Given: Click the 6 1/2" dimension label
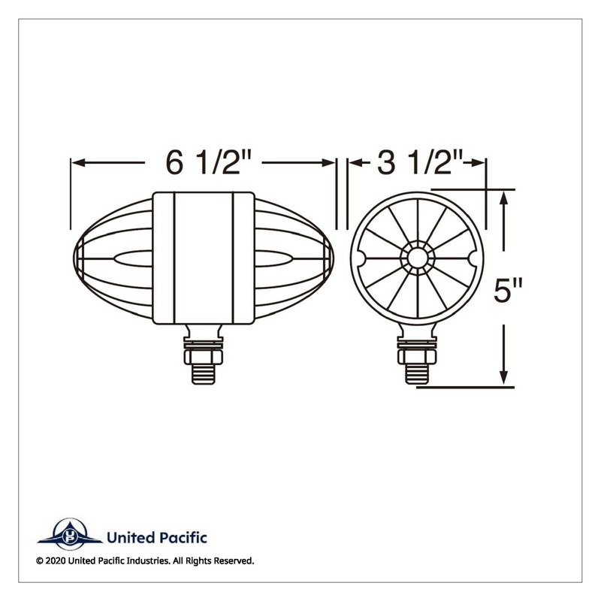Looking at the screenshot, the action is (208, 162).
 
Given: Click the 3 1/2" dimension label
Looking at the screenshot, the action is (420, 162).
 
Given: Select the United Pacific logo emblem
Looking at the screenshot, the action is (70, 534).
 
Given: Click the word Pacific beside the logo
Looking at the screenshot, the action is (183, 537).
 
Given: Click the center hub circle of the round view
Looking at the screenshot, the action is (417, 258).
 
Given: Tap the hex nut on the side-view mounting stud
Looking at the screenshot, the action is (203, 356).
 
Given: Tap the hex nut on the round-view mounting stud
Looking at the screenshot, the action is (417, 356).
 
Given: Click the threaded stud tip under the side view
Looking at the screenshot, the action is (203, 374).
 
